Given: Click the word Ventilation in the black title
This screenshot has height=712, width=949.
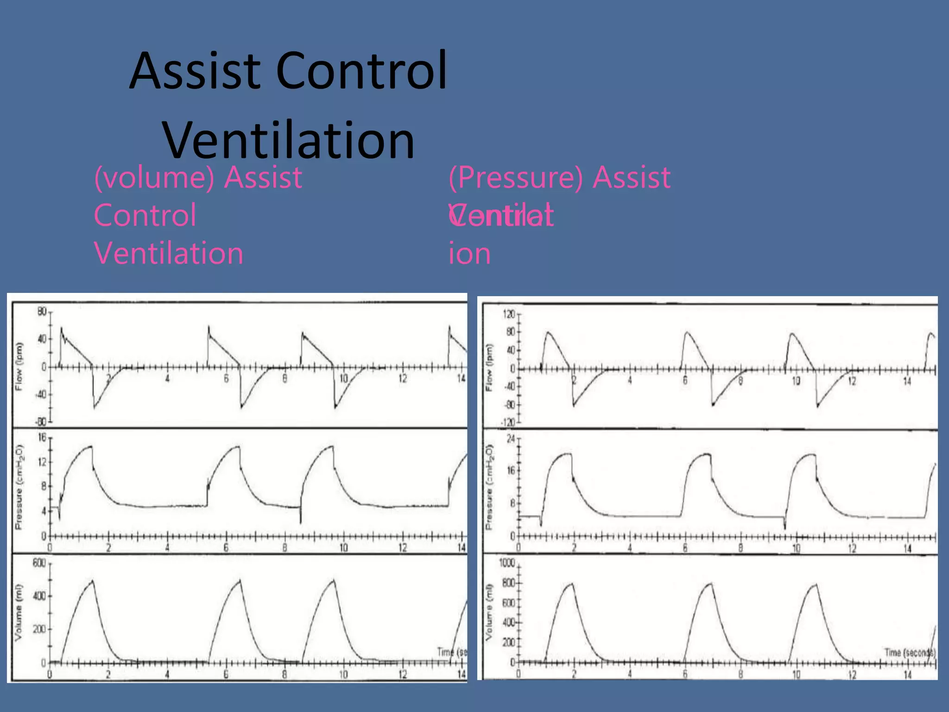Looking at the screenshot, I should coord(288,140).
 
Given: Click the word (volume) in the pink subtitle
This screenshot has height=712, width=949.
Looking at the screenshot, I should coord(154,178).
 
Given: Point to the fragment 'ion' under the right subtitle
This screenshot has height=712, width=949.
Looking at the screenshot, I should coord(469,254).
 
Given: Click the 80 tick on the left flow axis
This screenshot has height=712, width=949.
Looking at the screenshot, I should coord(42,311).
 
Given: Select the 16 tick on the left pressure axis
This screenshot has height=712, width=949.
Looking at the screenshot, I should coord(42,437).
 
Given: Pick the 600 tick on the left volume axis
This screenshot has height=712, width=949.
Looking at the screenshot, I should coord(39,563).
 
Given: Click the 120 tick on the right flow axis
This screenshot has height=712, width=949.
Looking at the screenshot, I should coord(509,314).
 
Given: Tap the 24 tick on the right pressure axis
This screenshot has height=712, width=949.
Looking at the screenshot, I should coord(511,439).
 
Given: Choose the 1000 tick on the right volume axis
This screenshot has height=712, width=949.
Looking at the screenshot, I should coord(507,563).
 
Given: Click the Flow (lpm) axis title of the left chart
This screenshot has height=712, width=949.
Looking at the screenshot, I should coord(19,367).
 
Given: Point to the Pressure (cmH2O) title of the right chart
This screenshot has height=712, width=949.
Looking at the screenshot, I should coord(489,487).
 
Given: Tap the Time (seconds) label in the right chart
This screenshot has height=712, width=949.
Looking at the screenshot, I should coord(910,653).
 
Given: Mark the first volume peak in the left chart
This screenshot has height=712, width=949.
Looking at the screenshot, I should coord(93,580).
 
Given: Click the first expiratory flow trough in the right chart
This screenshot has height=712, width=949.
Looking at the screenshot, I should coord(574,406).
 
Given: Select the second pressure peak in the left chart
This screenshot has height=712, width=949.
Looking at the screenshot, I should coord(238,446).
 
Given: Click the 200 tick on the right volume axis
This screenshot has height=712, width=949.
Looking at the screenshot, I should coord(509,642).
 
